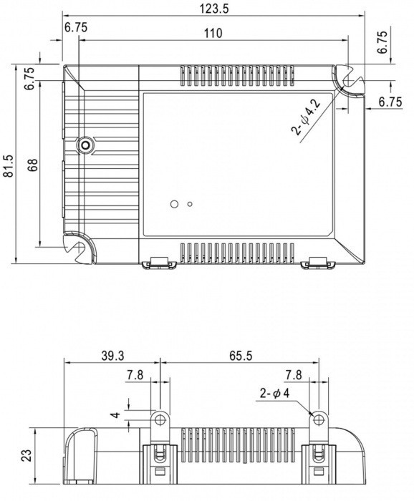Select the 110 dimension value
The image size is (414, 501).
(x=213, y=34)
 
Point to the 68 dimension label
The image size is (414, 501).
(x=33, y=165)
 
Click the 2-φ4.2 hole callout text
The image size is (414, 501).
(x=306, y=117)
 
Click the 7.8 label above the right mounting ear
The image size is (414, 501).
(x=294, y=375)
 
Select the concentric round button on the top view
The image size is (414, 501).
(x=86, y=145)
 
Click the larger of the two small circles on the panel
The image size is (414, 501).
(x=173, y=204)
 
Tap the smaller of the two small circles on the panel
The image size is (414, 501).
(x=190, y=204)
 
